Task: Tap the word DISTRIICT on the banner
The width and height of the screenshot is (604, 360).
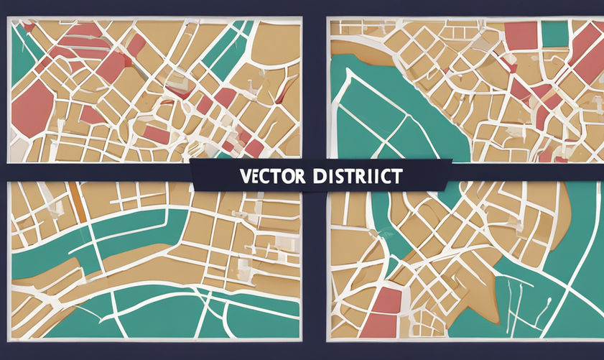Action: [x=353, y=175]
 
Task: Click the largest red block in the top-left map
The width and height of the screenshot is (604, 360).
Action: [x=31, y=107]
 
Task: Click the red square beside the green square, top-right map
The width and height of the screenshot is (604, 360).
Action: [x=521, y=36]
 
